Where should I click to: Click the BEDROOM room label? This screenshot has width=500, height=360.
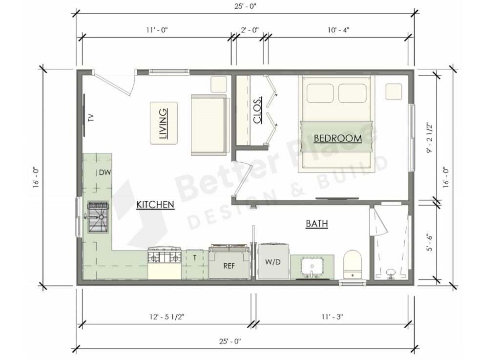(337, 138)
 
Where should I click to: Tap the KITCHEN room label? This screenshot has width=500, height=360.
(155, 204)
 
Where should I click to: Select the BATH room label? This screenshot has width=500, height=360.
(316, 224)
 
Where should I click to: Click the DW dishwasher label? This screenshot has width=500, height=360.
(104, 172)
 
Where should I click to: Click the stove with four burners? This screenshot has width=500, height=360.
(165, 256)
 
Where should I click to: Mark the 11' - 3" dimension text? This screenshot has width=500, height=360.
(332, 317)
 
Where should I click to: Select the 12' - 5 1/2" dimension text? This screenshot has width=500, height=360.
(167, 317)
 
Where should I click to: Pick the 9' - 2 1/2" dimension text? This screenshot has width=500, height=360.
(430, 137)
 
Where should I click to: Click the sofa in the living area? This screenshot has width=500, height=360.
(209, 125)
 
